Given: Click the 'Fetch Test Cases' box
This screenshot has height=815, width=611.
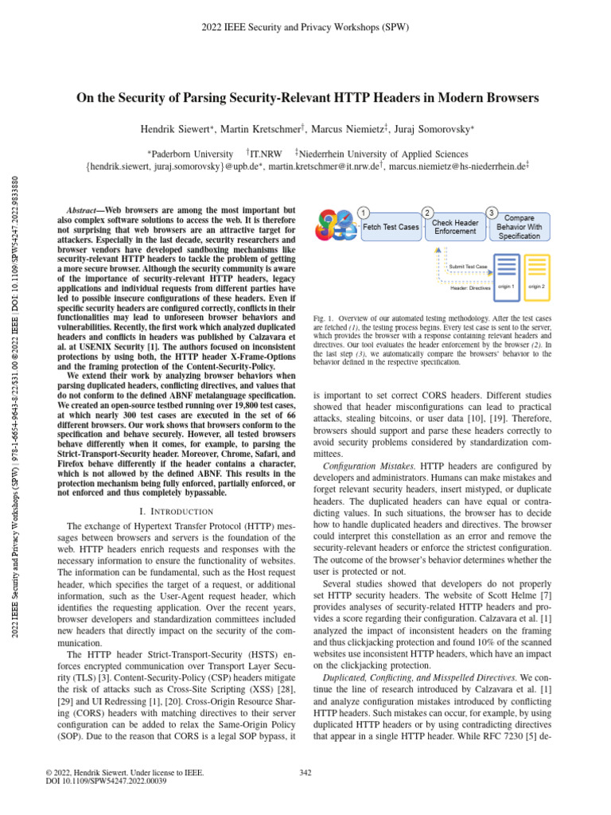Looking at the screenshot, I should point(391,227).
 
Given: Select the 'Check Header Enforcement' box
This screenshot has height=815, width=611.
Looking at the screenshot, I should point(455,227).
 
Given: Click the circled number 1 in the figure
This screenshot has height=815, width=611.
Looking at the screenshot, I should point(363,212).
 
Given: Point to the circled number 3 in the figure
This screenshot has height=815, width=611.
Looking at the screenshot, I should point(492,212).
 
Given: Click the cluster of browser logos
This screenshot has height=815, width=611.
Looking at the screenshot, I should point(337,225).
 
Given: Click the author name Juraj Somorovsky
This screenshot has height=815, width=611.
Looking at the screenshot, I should point(435,128).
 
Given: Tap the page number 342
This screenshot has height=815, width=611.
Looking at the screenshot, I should point(305,772).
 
